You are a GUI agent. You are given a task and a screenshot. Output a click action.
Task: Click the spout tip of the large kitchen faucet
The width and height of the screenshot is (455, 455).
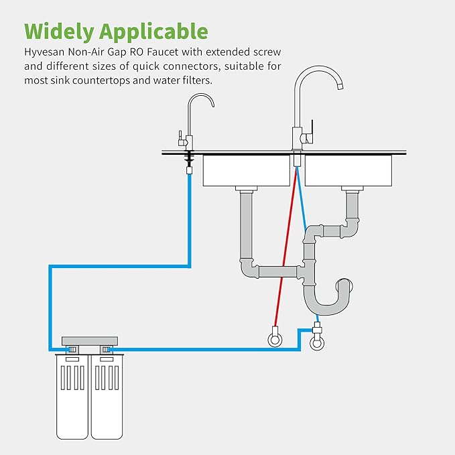340,86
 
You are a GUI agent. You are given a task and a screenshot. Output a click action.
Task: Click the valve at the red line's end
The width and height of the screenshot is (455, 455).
274,338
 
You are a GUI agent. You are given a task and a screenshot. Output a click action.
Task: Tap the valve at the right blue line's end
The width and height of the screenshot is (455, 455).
317,341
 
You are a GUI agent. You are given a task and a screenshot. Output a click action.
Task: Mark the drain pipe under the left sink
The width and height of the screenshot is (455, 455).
246,228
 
